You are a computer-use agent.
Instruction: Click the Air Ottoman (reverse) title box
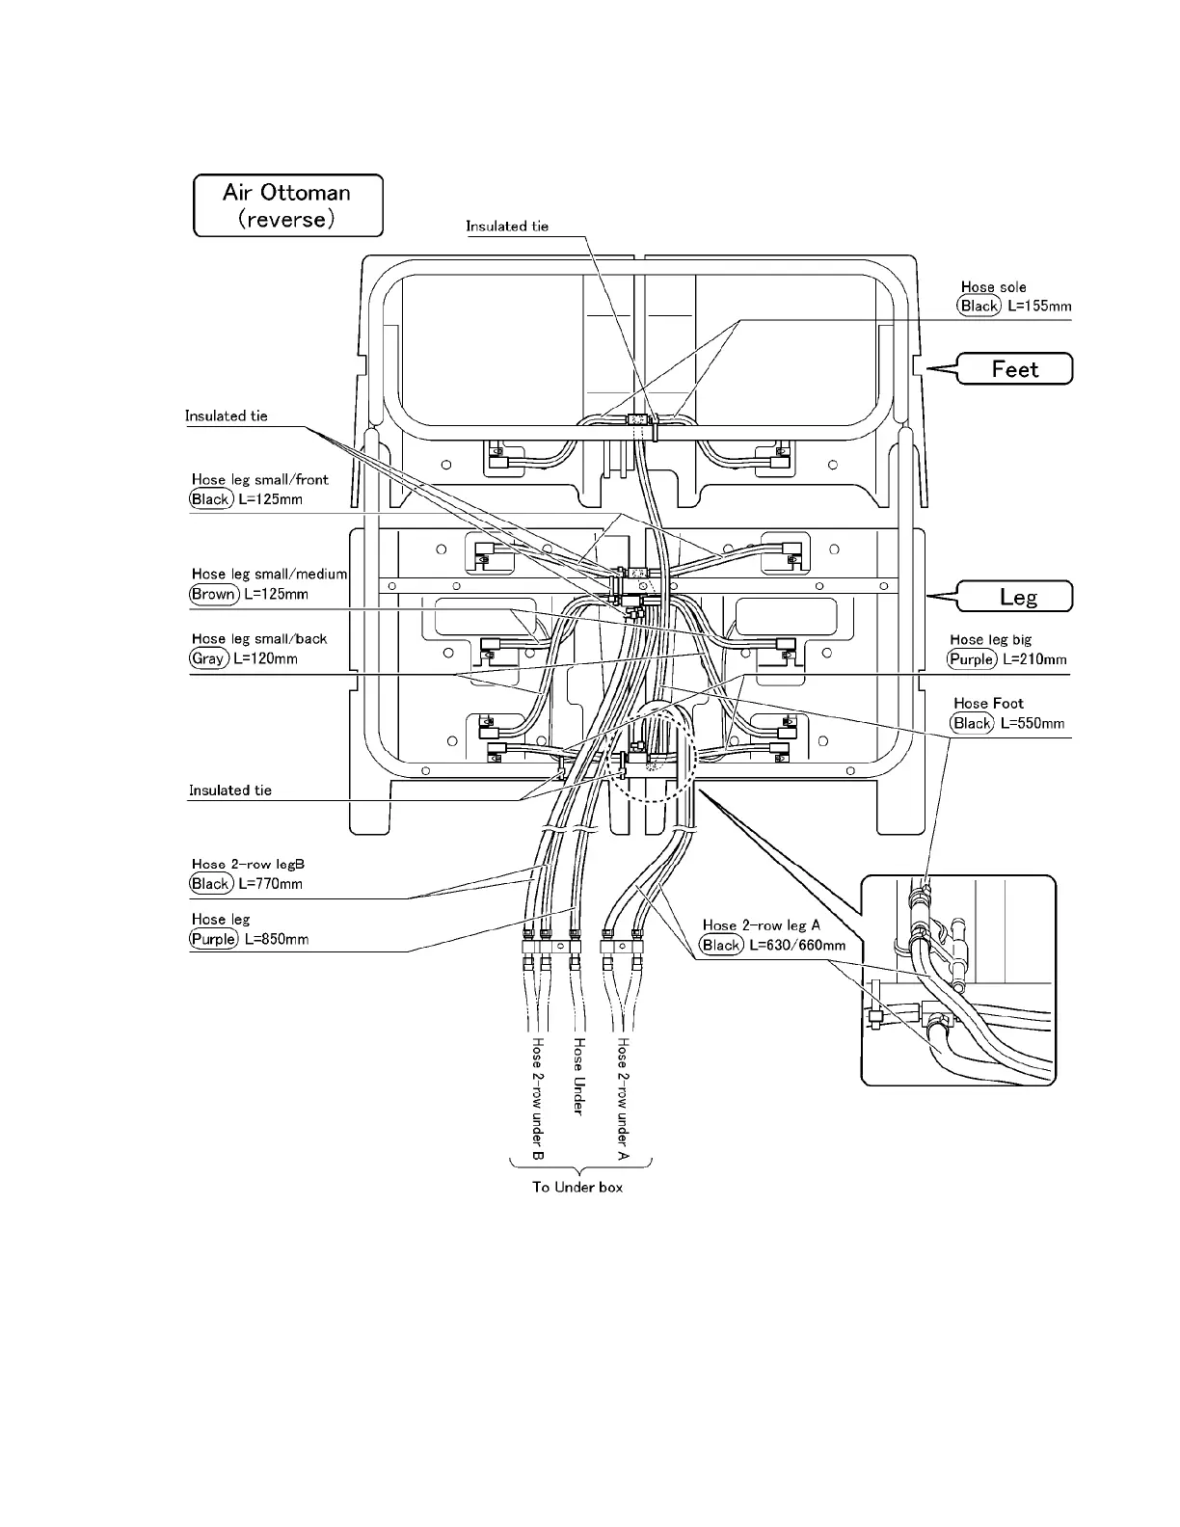pyautogui.click(x=287, y=205)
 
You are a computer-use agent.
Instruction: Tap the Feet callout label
pyautogui.click(x=1015, y=369)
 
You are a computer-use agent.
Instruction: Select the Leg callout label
pyautogui.click(x=1018, y=597)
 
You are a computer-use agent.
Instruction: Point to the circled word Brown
pyautogui.click(x=213, y=594)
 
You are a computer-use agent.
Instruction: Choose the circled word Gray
pyautogui.click(x=208, y=658)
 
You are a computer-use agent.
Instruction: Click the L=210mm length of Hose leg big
pyautogui.click(x=1034, y=659)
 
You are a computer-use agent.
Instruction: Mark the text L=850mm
pyautogui.click(x=277, y=939)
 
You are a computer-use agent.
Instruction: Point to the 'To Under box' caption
pyautogui.click(x=577, y=1187)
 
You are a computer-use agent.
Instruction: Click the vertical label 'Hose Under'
pyautogui.click(x=578, y=1076)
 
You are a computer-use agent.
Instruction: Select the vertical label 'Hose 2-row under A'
pyautogui.click(x=623, y=1099)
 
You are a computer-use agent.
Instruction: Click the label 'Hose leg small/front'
pyautogui.click(x=259, y=479)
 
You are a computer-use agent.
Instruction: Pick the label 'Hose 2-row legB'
pyautogui.click(x=248, y=865)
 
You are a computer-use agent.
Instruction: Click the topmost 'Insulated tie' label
pyautogui.click(x=507, y=227)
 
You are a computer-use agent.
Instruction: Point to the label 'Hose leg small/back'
pyautogui.click(x=259, y=639)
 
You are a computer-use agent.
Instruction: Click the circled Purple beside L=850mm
pyautogui.click(x=213, y=939)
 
